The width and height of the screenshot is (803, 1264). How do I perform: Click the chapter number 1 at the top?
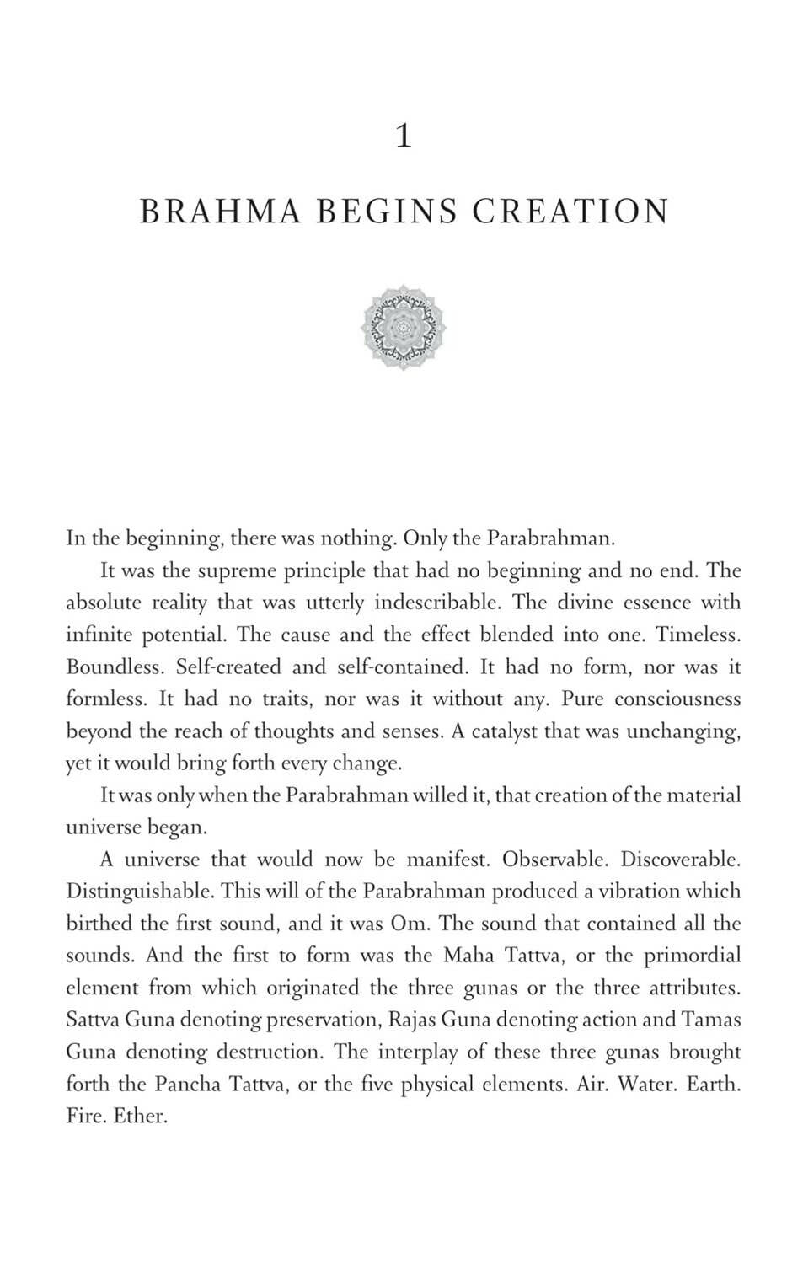404,137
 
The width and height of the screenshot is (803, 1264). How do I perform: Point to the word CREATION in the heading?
570,212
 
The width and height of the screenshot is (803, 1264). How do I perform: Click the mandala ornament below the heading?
404,327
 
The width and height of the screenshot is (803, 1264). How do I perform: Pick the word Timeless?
699,635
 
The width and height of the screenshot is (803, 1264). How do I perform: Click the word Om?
410,924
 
